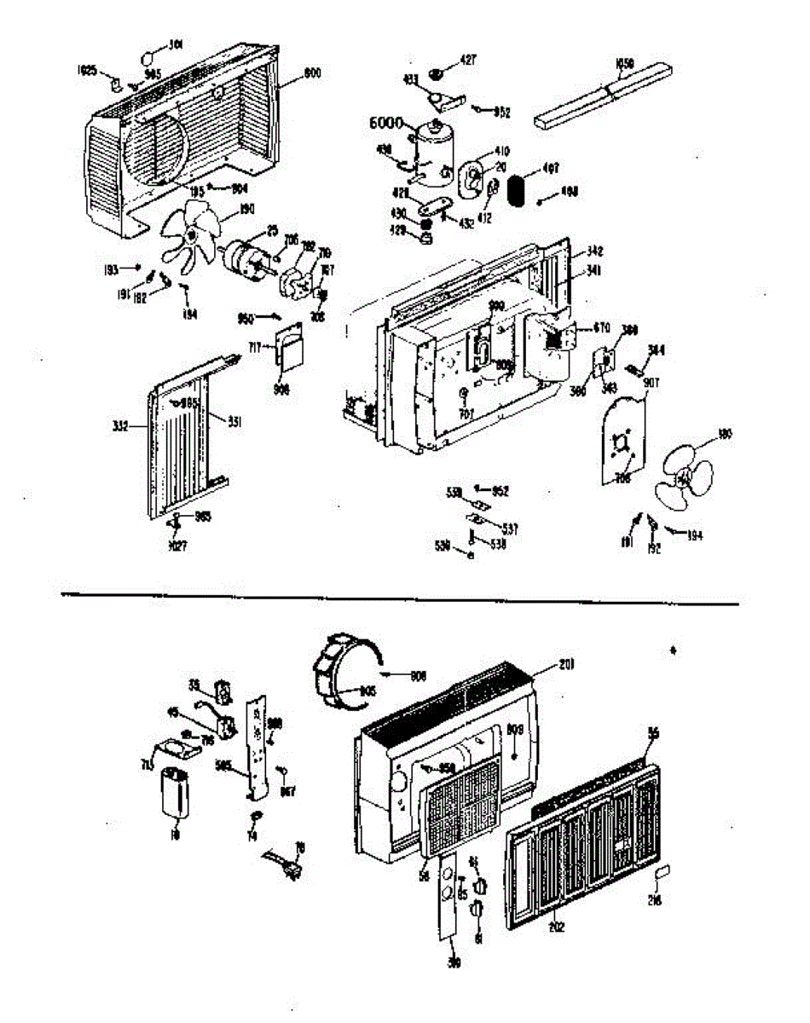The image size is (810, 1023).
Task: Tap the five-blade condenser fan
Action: point(190,236)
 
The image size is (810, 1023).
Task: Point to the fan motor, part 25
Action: point(247,258)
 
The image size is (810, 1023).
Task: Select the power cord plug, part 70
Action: point(286,864)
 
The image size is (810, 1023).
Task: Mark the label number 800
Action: point(312,74)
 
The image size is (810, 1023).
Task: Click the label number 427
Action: point(468,60)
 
